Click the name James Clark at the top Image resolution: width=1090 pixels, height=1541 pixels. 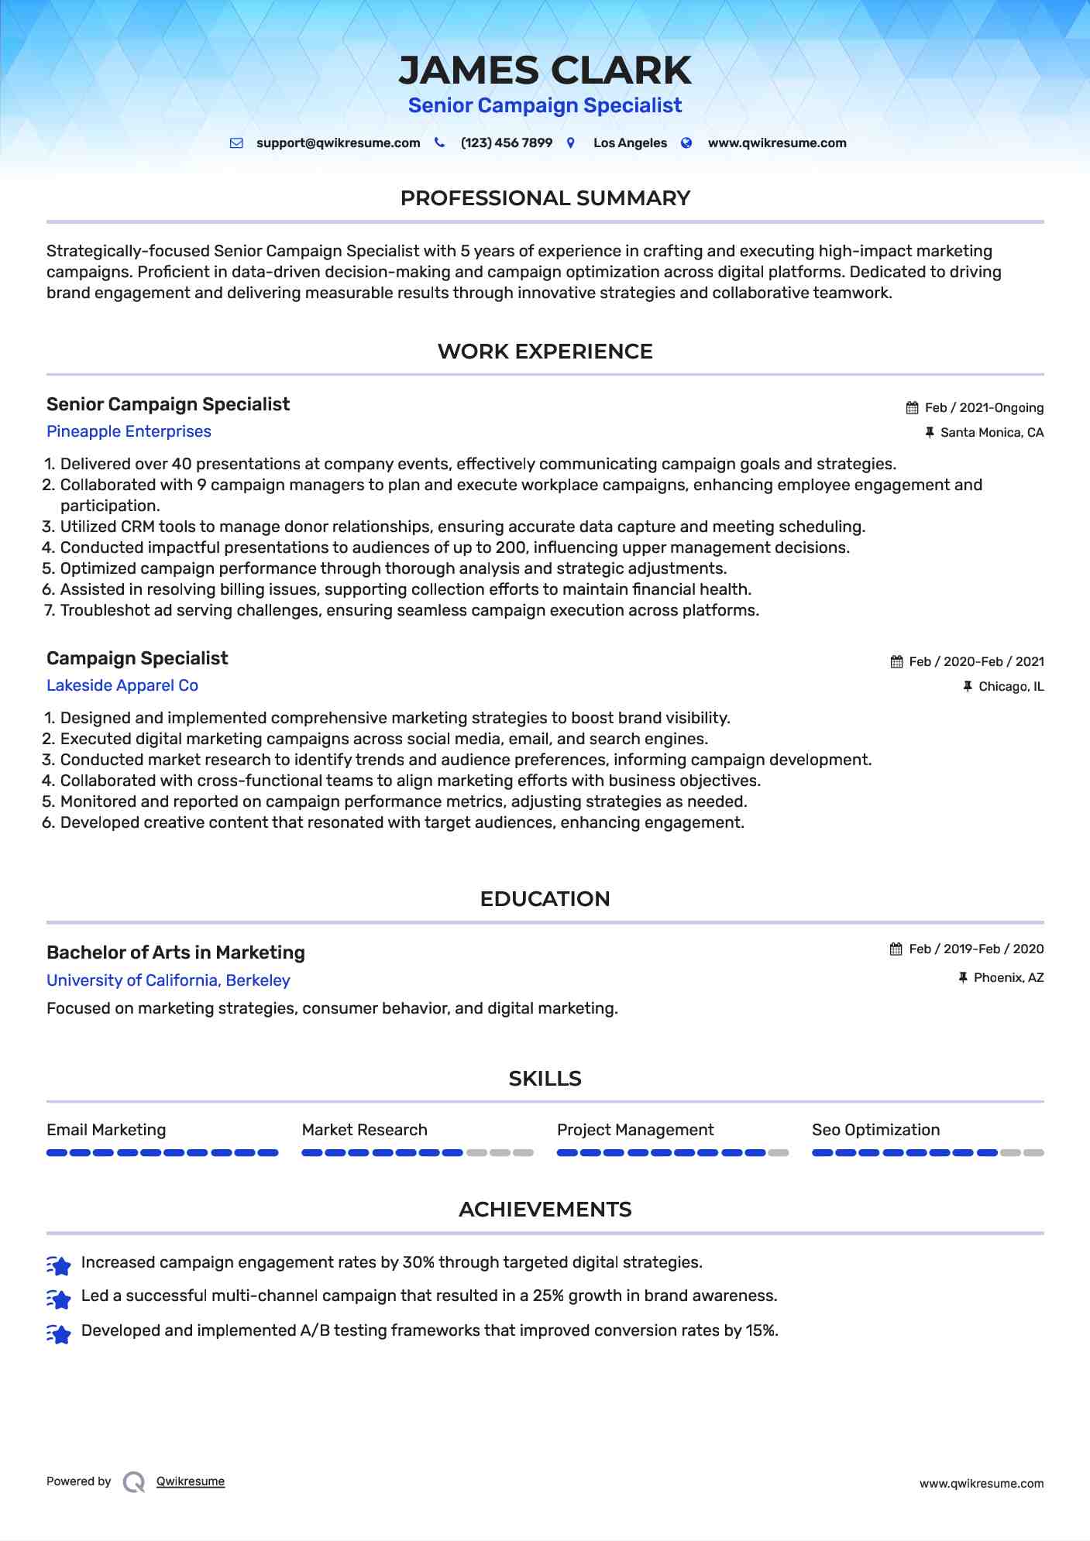click(x=545, y=70)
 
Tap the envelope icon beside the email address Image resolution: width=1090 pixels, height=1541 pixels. click(x=236, y=143)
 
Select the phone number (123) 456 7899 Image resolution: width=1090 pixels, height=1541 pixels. click(x=506, y=143)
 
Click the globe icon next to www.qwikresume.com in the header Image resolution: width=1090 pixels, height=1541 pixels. click(x=686, y=143)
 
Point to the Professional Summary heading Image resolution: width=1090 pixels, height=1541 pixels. click(x=545, y=198)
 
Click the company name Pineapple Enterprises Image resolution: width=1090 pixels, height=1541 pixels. click(x=129, y=431)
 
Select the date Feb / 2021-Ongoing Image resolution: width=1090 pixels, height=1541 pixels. click(x=984, y=408)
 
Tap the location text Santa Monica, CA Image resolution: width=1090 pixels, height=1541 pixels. click(x=992, y=433)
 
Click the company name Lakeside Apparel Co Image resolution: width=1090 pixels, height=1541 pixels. click(x=122, y=685)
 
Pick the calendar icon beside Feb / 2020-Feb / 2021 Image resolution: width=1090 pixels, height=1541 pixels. click(x=897, y=662)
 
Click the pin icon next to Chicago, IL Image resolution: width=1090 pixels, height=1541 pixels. click(x=968, y=687)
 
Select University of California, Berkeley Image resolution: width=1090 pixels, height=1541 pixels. click(x=168, y=980)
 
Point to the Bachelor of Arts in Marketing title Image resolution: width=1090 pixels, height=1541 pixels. click(x=176, y=952)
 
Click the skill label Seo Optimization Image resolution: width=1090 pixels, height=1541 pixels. click(x=875, y=1130)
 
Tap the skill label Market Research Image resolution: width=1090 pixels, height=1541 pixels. click(x=364, y=1130)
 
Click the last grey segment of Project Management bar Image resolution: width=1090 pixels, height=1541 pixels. click(x=779, y=1153)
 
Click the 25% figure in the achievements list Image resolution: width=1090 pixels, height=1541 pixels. click(x=548, y=1296)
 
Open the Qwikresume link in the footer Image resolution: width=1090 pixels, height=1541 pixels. click(x=191, y=1481)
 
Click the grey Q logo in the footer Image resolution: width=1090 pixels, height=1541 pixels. click(x=134, y=1482)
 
